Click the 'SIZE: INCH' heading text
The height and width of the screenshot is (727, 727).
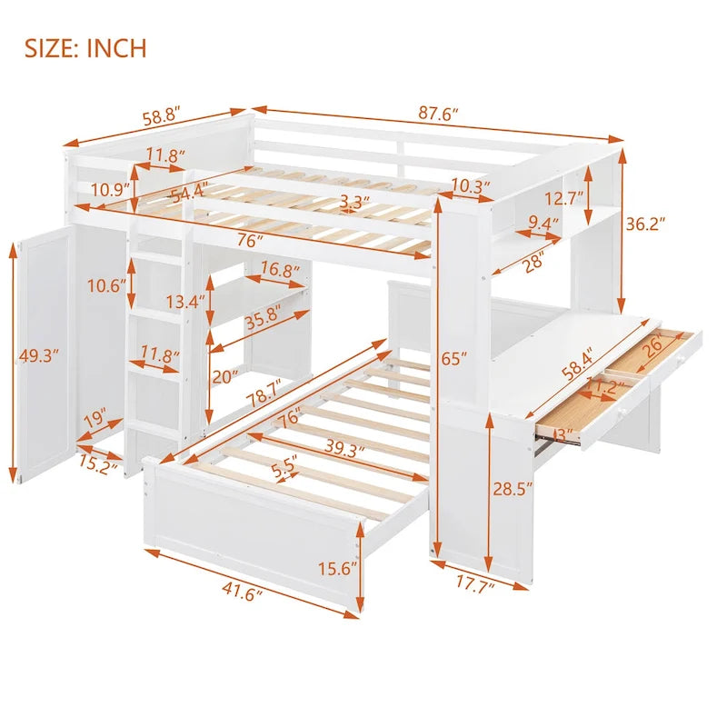[85, 47]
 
